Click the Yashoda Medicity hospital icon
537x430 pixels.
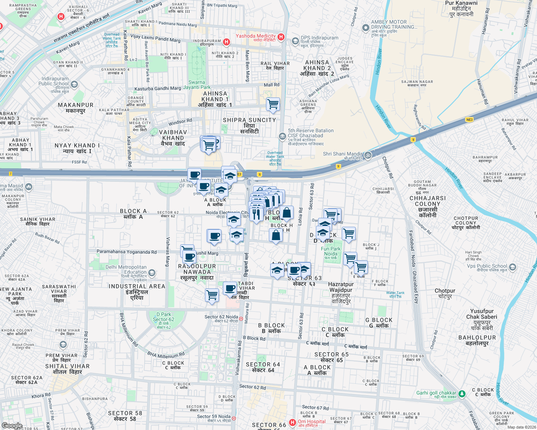[x=281, y=37]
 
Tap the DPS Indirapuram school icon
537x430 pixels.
[x=295, y=41]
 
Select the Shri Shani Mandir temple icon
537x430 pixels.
[x=368, y=155]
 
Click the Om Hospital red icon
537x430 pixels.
[x=293, y=423]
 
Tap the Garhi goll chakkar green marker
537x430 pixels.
[x=462, y=394]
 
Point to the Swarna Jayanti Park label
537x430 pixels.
[x=197, y=85]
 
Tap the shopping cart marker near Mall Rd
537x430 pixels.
[x=273, y=104]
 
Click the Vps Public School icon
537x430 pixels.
[x=512, y=267]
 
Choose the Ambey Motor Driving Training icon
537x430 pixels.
[x=365, y=28]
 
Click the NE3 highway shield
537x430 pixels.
[x=469, y=120]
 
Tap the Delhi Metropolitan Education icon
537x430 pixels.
[x=152, y=273]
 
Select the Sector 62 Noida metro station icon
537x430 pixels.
[x=241, y=318]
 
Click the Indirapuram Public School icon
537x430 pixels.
[x=74, y=85]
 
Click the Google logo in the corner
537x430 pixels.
[x=12, y=426]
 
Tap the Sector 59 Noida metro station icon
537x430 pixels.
[x=234, y=418]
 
